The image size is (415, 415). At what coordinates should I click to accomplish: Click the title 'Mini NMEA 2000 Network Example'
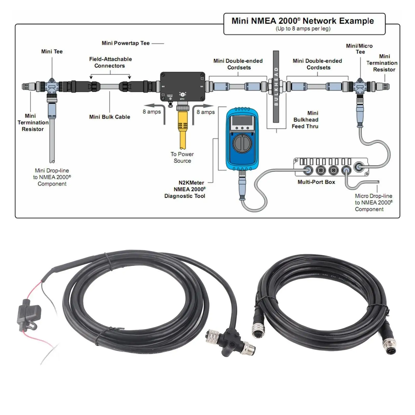point(303,21)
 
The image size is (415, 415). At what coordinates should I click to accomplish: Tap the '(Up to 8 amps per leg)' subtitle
point(303,29)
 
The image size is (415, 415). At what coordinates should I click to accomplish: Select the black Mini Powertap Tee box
point(183,87)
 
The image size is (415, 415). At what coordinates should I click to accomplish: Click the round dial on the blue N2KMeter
point(242,143)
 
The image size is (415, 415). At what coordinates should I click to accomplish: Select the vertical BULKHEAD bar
point(276,87)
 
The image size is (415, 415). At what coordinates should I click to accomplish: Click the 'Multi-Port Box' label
point(316,182)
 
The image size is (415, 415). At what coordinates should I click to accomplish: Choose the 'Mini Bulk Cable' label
point(110,117)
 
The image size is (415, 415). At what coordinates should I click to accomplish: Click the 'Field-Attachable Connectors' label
point(110,62)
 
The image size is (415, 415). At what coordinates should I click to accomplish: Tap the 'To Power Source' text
point(182,157)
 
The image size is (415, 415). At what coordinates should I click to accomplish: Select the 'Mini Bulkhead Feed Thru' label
point(305,120)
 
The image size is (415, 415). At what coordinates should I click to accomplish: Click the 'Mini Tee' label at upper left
point(52,52)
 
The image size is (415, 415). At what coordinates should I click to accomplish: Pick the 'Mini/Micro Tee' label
point(360,49)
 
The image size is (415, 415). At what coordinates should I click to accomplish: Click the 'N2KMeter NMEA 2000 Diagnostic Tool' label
point(185,189)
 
